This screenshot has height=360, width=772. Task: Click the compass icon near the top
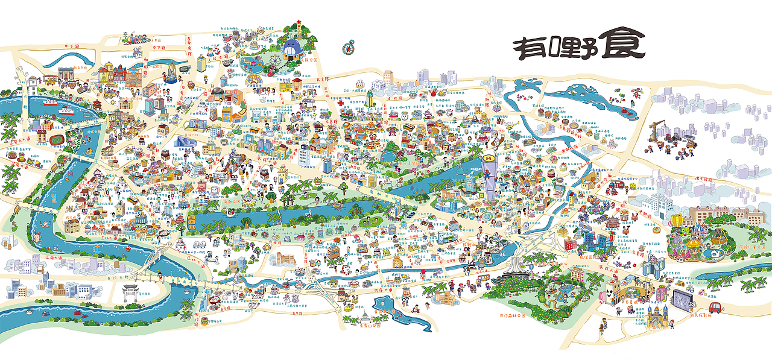(x=349, y=46)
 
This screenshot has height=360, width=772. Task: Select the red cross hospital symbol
(x=341, y=103)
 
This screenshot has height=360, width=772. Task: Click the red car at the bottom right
(x=715, y=307)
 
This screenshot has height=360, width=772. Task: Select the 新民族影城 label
(x=699, y=315)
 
